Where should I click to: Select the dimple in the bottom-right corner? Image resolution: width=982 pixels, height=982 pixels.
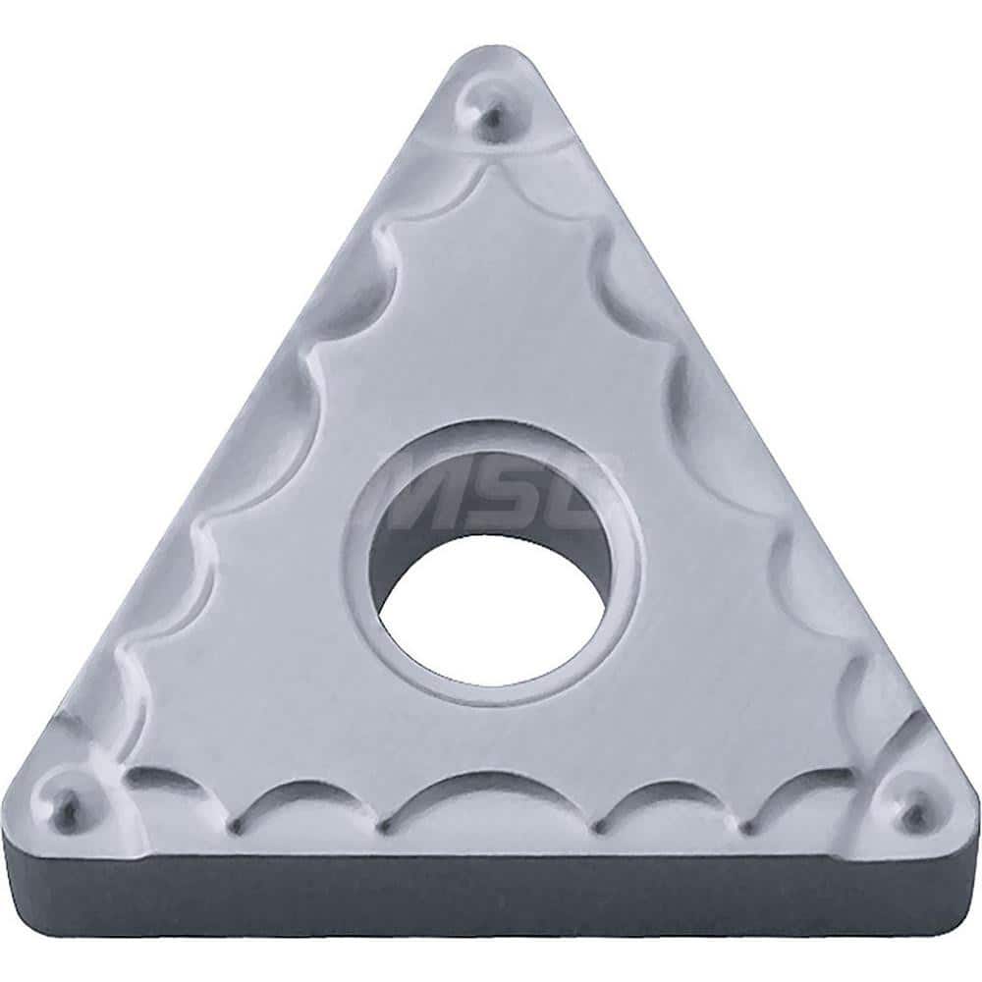pyautogui.click(x=912, y=811)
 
